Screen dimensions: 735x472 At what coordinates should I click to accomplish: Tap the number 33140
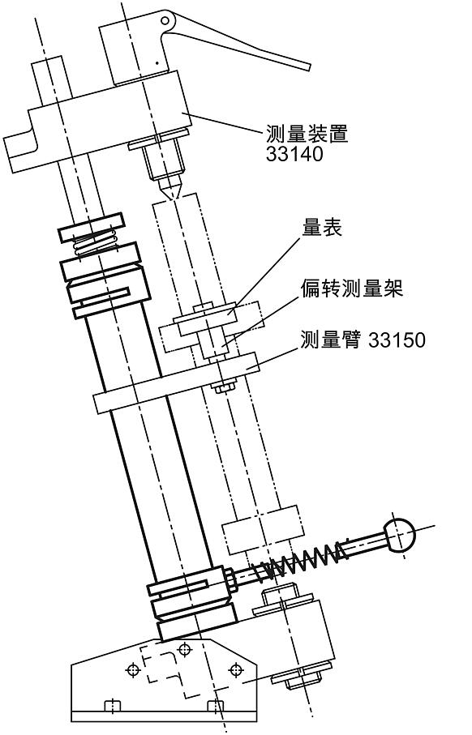click(294, 153)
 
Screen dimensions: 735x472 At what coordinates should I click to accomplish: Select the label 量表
click(322, 228)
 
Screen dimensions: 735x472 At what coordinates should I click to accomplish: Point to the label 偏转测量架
click(352, 289)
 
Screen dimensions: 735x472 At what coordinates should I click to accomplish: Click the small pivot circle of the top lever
click(167, 19)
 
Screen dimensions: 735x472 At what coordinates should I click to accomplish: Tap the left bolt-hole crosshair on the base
click(132, 670)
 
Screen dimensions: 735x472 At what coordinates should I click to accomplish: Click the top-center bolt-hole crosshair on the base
click(185, 648)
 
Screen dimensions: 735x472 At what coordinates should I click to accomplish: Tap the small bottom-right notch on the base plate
click(215, 705)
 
